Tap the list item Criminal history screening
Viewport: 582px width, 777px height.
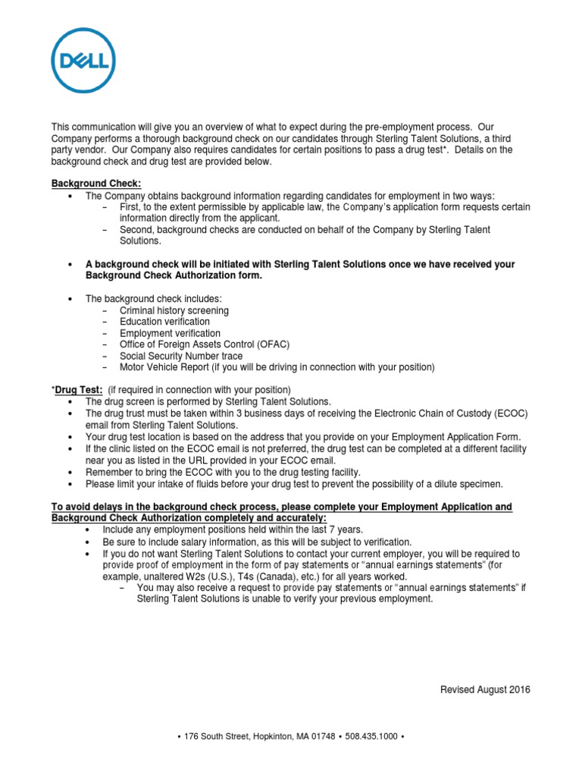pyautogui.click(x=174, y=310)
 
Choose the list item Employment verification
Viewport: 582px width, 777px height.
pyautogui.click(x=170, y=333)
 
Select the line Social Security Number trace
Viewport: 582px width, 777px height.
pyautogui.click(x=181, y=356)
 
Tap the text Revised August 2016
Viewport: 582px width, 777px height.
pyautogui.click(x=485, y=690)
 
